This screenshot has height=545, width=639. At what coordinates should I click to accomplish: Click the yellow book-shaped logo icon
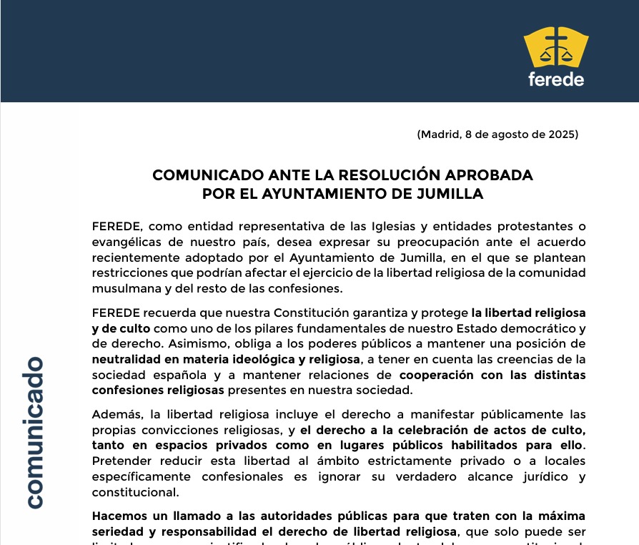(555, 48)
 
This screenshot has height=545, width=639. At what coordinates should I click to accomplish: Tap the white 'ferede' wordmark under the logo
(555, 79)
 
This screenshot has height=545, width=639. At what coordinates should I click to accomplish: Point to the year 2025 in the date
(563, 134)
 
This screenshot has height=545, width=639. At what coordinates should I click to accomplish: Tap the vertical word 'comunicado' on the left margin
(33, 432)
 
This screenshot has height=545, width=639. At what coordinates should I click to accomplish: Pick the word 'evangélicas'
(127, 242)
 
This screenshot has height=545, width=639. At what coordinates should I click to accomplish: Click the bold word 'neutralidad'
(127, 359)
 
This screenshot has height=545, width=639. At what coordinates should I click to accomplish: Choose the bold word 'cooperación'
(440, 374)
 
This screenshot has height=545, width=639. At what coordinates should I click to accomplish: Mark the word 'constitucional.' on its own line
(135, 492)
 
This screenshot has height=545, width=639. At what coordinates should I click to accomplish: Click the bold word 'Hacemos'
(119, 516)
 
